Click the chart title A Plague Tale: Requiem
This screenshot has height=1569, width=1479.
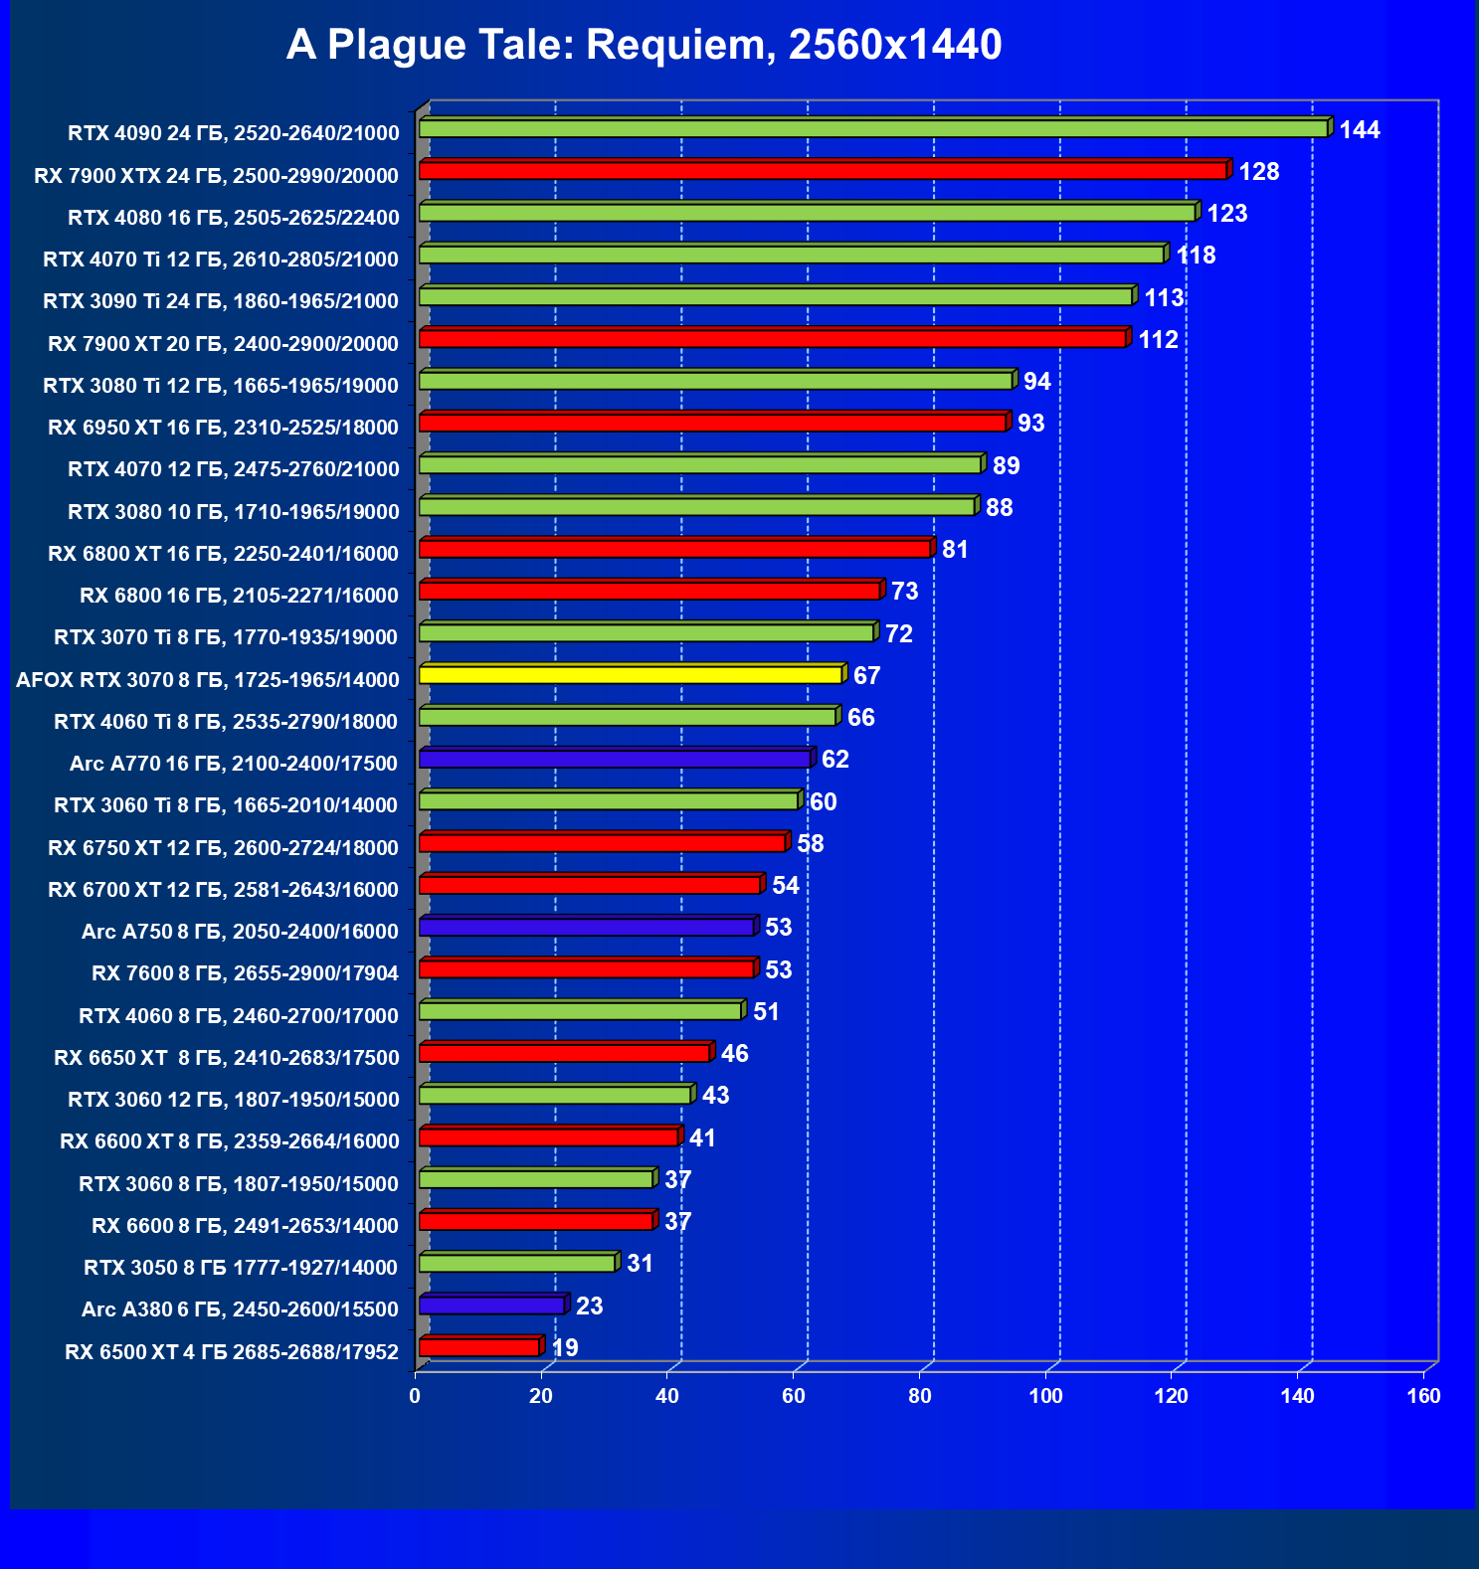[x=644, y=45]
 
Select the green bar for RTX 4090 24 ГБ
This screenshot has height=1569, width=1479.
[x=873, y=128]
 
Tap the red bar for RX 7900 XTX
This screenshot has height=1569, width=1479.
[x=823, y=171]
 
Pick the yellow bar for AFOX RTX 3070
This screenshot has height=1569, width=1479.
[x=631, y=675]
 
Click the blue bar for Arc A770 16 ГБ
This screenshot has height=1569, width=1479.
[x=615, y=759]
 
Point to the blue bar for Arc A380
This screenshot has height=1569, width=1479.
[x=491, y=1306]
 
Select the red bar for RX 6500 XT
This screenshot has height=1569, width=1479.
[x=479, y=1347]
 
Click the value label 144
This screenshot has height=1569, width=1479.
[x=1359, y=130]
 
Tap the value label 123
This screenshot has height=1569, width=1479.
[x=1226, y=214]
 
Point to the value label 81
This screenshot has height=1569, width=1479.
[x=955, y=550]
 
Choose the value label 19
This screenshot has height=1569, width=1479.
[x=565, y=1348]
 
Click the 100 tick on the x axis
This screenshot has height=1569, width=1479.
[x=1045, y=1396]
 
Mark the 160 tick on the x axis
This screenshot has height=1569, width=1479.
[x=1423, y=1396]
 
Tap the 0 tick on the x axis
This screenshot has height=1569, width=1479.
[x=415, y=1396]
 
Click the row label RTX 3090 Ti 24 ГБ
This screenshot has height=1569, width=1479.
[x=221, y=301]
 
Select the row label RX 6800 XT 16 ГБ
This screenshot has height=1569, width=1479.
[x=223, y=554]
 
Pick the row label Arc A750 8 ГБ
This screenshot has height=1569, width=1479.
[x=240, y=932]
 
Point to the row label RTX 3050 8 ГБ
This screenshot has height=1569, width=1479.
[x=241, y=1268]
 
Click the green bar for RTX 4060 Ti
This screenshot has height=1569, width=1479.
[x=628, y=717]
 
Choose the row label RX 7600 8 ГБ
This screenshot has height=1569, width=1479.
[x=245, y=973]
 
